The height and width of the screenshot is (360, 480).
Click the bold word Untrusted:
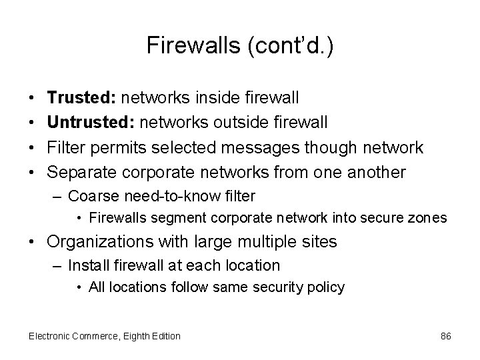point(87,123)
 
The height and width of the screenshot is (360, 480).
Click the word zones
point(431,217)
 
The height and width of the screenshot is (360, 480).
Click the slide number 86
point(446,336)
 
